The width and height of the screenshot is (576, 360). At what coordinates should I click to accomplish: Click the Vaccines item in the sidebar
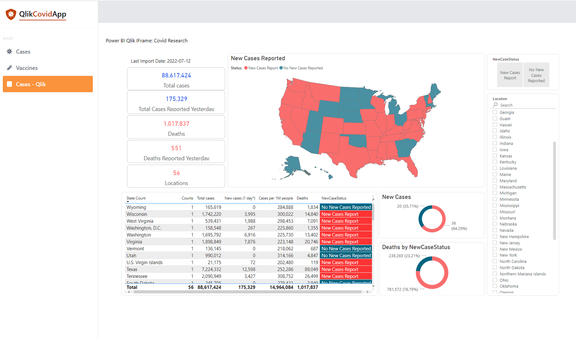point(27,68)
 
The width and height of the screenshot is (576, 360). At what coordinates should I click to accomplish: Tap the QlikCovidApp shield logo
point(11,14)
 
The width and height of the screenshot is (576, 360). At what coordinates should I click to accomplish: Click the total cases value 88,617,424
point(176,76)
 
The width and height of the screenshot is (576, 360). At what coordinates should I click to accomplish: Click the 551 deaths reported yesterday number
point(176,148)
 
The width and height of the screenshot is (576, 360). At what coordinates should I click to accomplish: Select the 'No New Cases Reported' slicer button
point(536,75)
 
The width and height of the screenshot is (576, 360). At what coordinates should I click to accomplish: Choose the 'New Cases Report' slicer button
point(510,75)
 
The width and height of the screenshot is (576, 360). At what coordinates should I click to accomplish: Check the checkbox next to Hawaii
point(495,125)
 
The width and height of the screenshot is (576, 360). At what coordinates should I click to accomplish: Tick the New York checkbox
point(495,255)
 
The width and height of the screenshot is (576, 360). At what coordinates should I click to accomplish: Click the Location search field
point(526,105)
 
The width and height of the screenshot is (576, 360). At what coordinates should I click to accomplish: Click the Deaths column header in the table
point(302,198)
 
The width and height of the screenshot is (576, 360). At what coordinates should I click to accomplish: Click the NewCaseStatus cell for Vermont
point(346,249)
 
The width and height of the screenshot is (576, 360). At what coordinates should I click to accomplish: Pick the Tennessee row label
point(137,276)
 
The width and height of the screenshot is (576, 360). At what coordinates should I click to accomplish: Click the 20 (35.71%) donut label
point(408,206)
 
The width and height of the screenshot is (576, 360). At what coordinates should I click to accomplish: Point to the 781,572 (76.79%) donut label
point(402,289)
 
